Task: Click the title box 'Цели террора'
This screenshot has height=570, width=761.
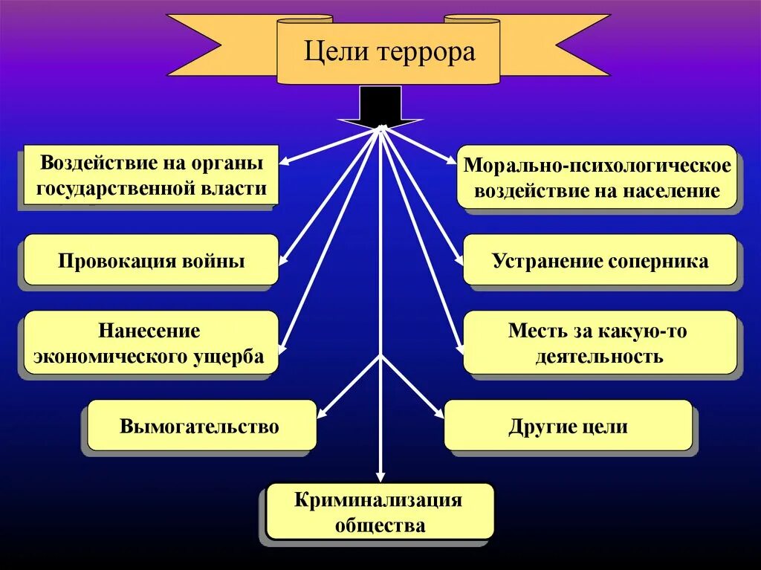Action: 388,52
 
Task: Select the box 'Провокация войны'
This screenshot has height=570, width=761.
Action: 151,261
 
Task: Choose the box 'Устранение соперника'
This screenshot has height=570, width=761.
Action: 600,261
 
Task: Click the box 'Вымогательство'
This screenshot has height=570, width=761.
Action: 201,426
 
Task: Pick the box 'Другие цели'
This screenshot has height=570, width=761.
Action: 568,426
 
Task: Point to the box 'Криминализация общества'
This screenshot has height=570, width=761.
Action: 380,512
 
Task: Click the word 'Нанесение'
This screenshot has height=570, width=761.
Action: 149,330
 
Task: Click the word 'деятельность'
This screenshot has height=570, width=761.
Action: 600,356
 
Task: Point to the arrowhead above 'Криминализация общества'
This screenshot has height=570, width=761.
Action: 380,477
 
